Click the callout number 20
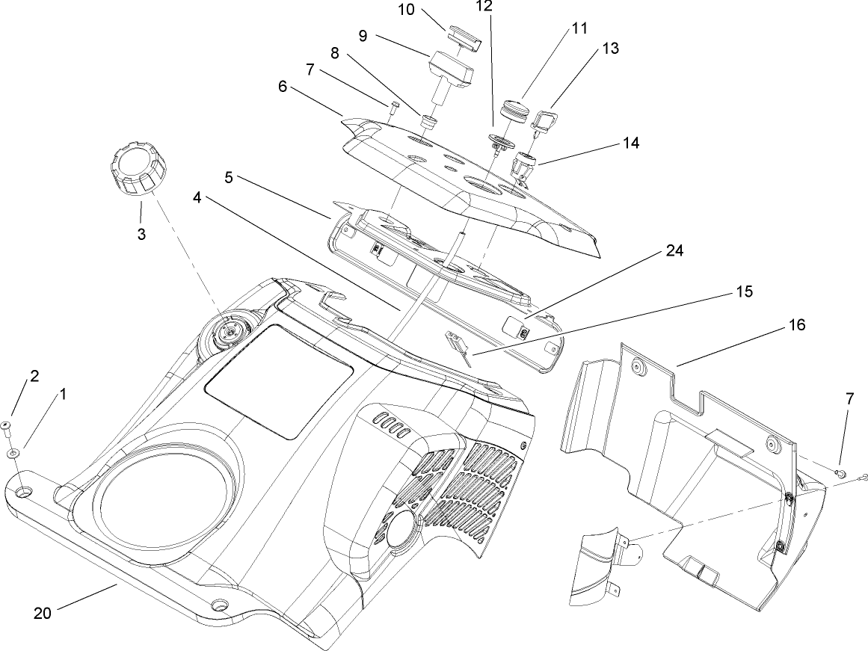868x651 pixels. click(x=43, y=613)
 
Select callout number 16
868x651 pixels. click(x=795, y=326)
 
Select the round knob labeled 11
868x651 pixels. click(x=516, y=109)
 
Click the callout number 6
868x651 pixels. click(x=283, y=87)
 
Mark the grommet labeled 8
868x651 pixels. click(x=428, y=121)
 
